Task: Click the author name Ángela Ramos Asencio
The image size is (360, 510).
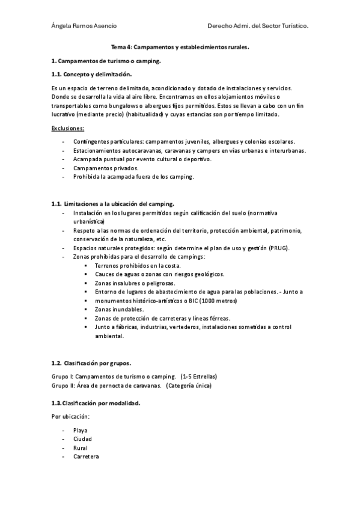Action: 84,26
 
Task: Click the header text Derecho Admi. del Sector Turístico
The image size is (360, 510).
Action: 258,26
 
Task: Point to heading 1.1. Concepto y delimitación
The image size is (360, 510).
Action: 91,74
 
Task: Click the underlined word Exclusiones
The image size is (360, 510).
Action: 68,128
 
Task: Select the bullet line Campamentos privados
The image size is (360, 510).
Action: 105,168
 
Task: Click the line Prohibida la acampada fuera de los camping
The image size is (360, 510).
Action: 133,177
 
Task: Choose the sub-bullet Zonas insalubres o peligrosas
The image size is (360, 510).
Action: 135,283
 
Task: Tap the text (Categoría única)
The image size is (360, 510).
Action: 189,385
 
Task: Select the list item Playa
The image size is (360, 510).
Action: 80,430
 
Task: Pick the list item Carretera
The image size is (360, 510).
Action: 86,456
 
